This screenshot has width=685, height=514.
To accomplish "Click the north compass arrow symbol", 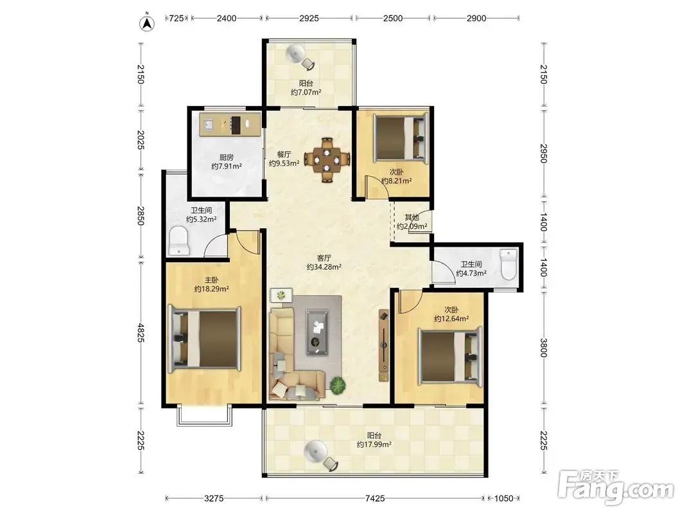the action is click(x=148, y=23).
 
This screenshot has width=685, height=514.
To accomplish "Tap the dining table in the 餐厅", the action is click(x=327, y=160).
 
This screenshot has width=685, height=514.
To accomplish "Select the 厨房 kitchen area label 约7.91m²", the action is click(x=227, y=166).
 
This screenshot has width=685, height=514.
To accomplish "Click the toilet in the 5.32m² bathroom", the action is click(x=178, y=240).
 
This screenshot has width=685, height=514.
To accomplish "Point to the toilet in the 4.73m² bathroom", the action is click(x=508, y=265).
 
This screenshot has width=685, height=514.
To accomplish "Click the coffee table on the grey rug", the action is click(x=317, y=332).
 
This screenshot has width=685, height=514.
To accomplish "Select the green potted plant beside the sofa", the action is click(x=338, y=385).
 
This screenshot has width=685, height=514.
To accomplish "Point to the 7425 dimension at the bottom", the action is click(x=375, y=499).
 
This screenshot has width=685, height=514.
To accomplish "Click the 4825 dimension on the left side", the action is click(x=141, y=333).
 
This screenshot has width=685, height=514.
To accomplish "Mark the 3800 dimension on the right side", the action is click(x=544, y=348).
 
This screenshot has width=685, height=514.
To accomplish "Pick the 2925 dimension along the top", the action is click(x=309, y=19).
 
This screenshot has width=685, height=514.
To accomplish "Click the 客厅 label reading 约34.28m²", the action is click(x=324, y=267).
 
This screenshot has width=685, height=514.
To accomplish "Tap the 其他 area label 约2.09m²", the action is click(x=412, y=226).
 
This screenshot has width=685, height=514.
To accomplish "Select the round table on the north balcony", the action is click(x=296, y=53).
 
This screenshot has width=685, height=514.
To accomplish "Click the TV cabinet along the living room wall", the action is click(x=383, y=345).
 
